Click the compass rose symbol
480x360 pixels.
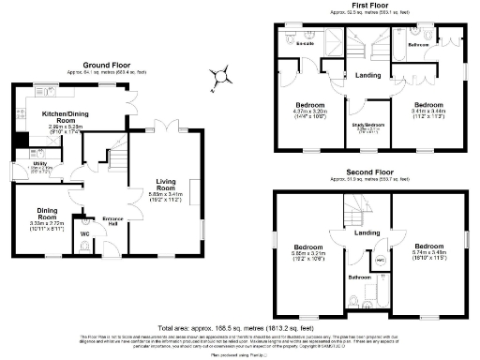[221, 74]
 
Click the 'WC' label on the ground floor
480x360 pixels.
[85, 233]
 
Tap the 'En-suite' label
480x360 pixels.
[305, 43]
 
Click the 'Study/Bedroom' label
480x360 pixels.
[368, 124]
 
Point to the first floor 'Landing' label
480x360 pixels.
[367, 77]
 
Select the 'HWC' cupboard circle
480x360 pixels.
[381, 256]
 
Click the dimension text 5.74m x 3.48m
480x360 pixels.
[433, 250]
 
